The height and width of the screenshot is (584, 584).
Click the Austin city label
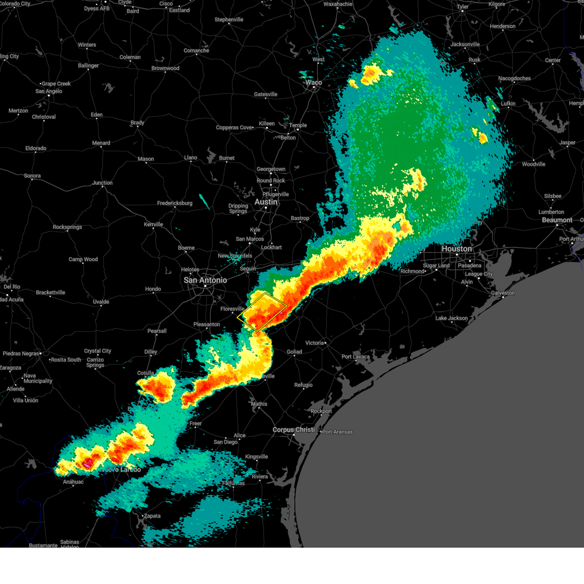266,202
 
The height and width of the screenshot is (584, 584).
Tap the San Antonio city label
205,280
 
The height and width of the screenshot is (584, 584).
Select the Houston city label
456,249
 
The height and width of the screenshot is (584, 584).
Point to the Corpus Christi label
293,430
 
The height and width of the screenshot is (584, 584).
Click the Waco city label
313,82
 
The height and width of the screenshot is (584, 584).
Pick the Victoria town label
314,343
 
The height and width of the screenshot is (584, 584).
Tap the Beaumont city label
557,220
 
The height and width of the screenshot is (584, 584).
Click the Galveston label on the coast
502,293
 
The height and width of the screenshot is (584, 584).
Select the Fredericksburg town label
174,203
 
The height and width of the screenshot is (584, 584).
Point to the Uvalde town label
101,302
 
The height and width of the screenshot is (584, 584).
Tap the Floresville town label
232,309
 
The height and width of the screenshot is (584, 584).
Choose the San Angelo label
49,91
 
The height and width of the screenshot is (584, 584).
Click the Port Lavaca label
355,357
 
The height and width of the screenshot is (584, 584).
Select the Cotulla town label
146,373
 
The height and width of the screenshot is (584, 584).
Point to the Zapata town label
152,516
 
